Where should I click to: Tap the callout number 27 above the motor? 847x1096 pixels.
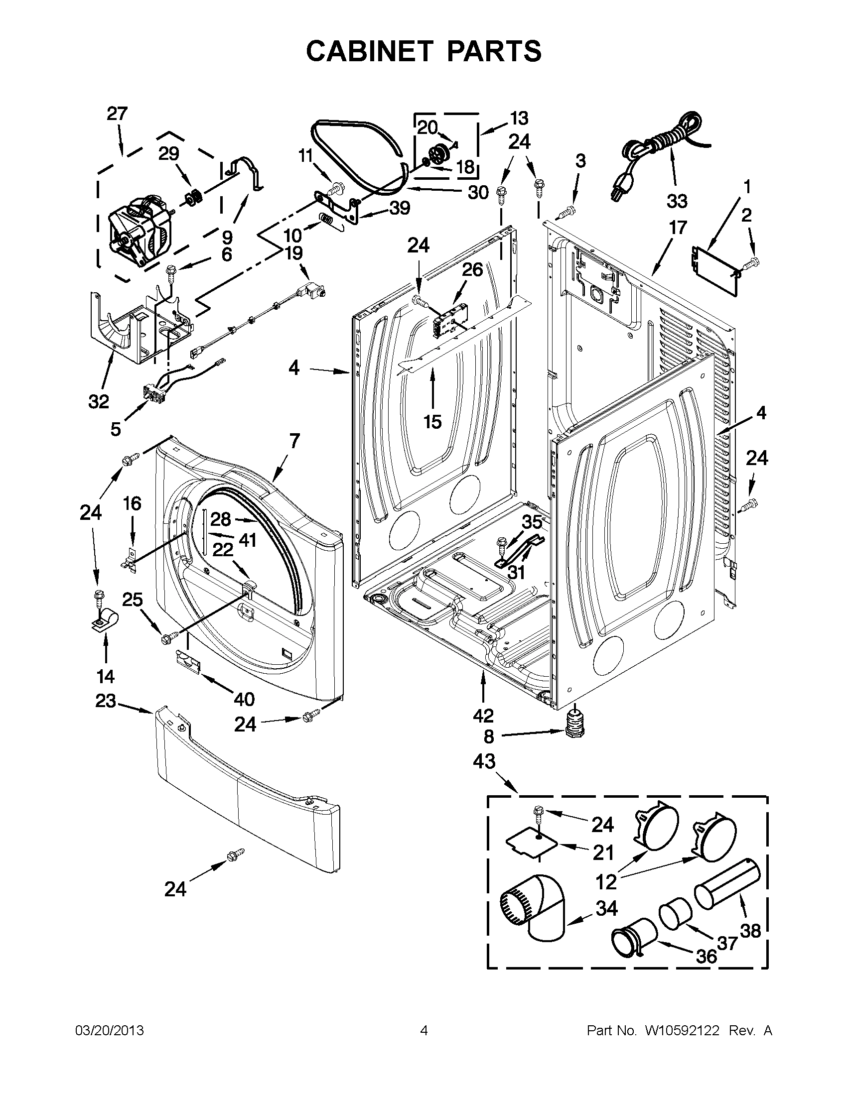pyautogui.click(x=117, y=114)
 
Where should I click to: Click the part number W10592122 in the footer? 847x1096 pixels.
pyautogui.click(x=678, y=1031)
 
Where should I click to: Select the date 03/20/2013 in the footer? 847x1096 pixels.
pyautogui.click(x=109, y=1031)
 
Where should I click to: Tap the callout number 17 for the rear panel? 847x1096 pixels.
pyautogui.click(x=677, y=228)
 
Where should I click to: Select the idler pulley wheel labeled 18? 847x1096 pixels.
pyautogui.click(x=439, y=153)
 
